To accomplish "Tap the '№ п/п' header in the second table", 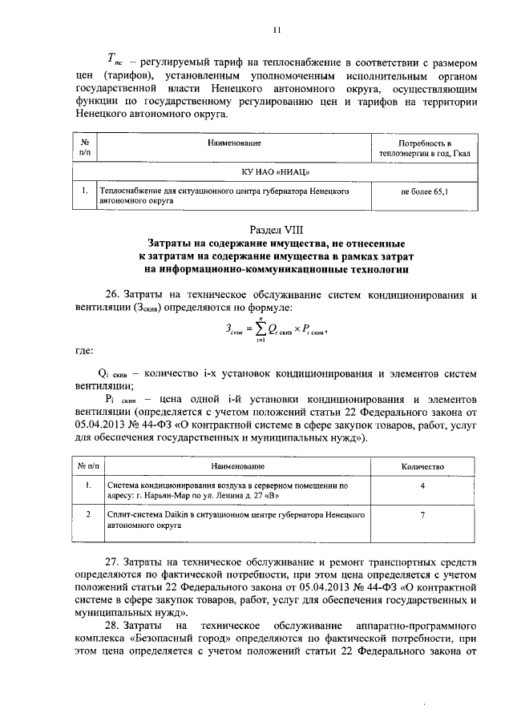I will click(87, 466).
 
